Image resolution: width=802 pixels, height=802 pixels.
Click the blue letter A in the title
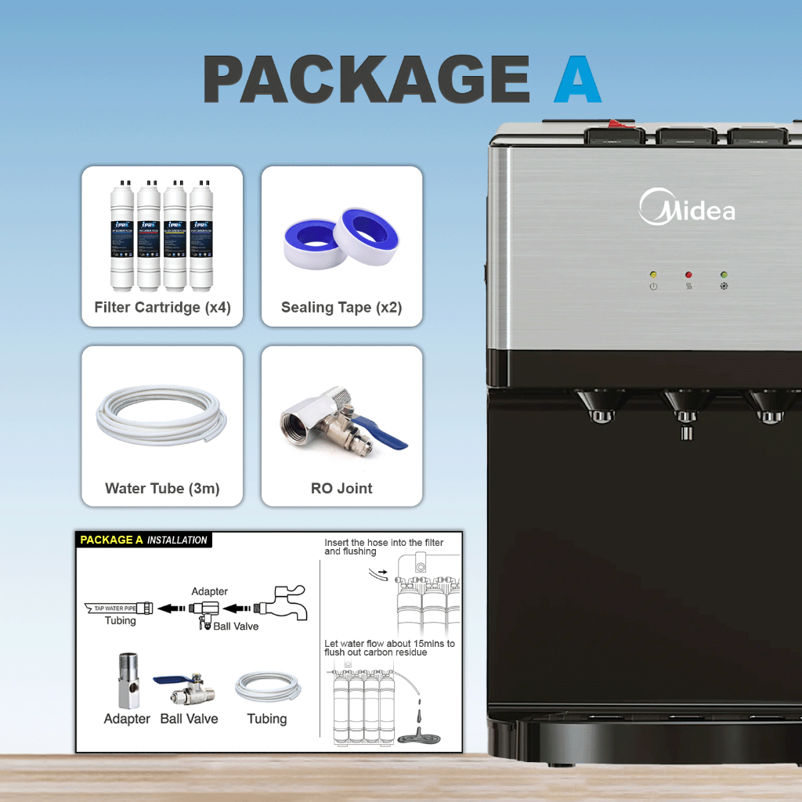(x=577, y=81)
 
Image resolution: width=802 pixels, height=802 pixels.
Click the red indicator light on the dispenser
(x=688, y=275)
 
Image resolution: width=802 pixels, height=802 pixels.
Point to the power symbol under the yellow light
(x=653, y=287)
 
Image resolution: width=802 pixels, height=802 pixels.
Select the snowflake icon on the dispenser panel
(x=724, y=287)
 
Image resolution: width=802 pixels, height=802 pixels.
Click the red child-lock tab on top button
(x=619, y=124)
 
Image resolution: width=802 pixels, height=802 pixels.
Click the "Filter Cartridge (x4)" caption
(x=162, y=307)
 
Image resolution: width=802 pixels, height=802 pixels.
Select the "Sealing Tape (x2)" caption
(x=341, y=307)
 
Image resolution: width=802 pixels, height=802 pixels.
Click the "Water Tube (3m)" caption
(x=162, y=488)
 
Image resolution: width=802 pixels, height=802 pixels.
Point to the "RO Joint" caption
(x=341, y=488)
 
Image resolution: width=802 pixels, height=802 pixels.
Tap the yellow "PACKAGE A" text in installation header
(x=111, y=540)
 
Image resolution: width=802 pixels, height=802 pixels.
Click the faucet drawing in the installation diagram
(x=281, y=603)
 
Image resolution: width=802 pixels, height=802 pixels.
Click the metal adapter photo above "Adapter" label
(x=128, y=682)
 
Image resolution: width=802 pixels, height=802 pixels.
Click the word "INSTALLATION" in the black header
(x=177, y=540)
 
